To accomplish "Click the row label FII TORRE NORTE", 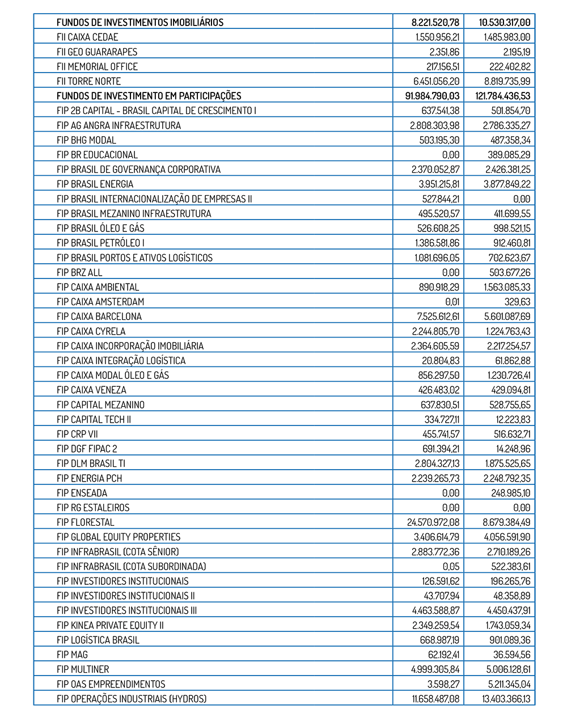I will coord(88,81).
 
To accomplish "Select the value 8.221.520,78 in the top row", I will coord(435,23).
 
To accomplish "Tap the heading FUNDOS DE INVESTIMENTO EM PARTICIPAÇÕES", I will coord(149,96).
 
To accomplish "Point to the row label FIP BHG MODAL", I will coord(86,140).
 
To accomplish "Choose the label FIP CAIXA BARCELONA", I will coord(99,317).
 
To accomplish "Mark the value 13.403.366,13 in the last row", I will coord(506,699).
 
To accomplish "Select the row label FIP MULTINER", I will coord(83,669).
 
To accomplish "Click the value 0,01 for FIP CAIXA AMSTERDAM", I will coord(452,302).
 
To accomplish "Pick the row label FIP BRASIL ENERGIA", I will coord(95,184).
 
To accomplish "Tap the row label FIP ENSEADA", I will coord(82,493).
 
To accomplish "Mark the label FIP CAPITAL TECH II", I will coord(94,419).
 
